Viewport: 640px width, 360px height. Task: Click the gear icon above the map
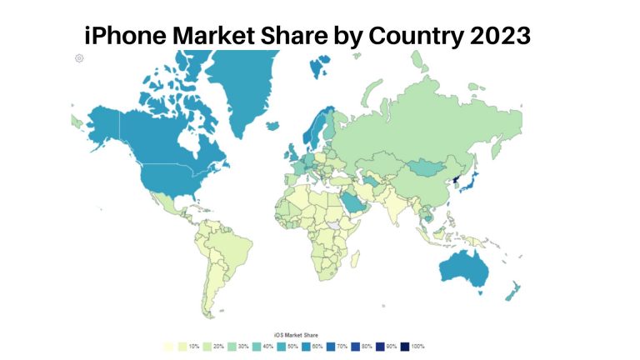tap(79, 57)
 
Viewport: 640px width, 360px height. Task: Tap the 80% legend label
tap(368, 346)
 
